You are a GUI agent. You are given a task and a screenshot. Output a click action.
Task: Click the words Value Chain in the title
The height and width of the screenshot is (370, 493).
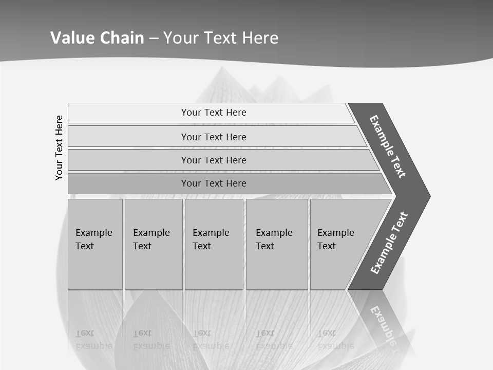[x=97, y=38]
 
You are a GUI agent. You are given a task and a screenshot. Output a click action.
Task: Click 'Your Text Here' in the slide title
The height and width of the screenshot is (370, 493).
[x=221, y=38]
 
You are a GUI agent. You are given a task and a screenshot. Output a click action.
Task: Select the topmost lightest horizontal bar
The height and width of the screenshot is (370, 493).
[x=128, y=113]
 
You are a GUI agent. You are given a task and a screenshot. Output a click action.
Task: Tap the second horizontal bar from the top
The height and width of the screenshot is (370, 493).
[x=128, y=137]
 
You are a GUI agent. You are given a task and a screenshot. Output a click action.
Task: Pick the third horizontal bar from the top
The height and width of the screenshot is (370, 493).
[x=128, y=160]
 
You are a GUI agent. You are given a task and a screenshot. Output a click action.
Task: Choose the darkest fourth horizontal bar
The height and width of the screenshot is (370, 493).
[x=128, y=183]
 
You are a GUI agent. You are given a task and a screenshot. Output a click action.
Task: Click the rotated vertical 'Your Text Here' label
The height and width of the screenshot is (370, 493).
[x=59, y=147]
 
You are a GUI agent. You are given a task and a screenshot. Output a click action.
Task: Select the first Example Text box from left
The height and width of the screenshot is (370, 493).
[x=95, y=244]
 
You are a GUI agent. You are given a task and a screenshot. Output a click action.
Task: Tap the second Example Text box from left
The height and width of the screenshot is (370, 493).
[x=153, y=244]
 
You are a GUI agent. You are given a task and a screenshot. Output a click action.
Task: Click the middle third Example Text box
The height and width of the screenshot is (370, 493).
[x=214, y=244]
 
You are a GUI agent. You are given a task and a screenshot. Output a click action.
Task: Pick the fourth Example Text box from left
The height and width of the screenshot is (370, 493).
[x=277, y=244]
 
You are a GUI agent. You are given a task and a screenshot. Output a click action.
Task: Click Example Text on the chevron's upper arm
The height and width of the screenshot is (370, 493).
[x=388, y=146]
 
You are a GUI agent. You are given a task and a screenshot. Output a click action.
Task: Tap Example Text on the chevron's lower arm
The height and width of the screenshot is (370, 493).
[x=389, y=243]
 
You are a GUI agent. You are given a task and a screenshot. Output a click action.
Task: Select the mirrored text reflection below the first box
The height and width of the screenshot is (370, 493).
[x=93, y=340]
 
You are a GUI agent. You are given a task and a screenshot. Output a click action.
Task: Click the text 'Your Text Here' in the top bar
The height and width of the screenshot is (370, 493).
[x=214, y=113]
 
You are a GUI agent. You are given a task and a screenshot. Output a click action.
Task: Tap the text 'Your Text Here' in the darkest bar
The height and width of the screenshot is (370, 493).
[x=214, y=183]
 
